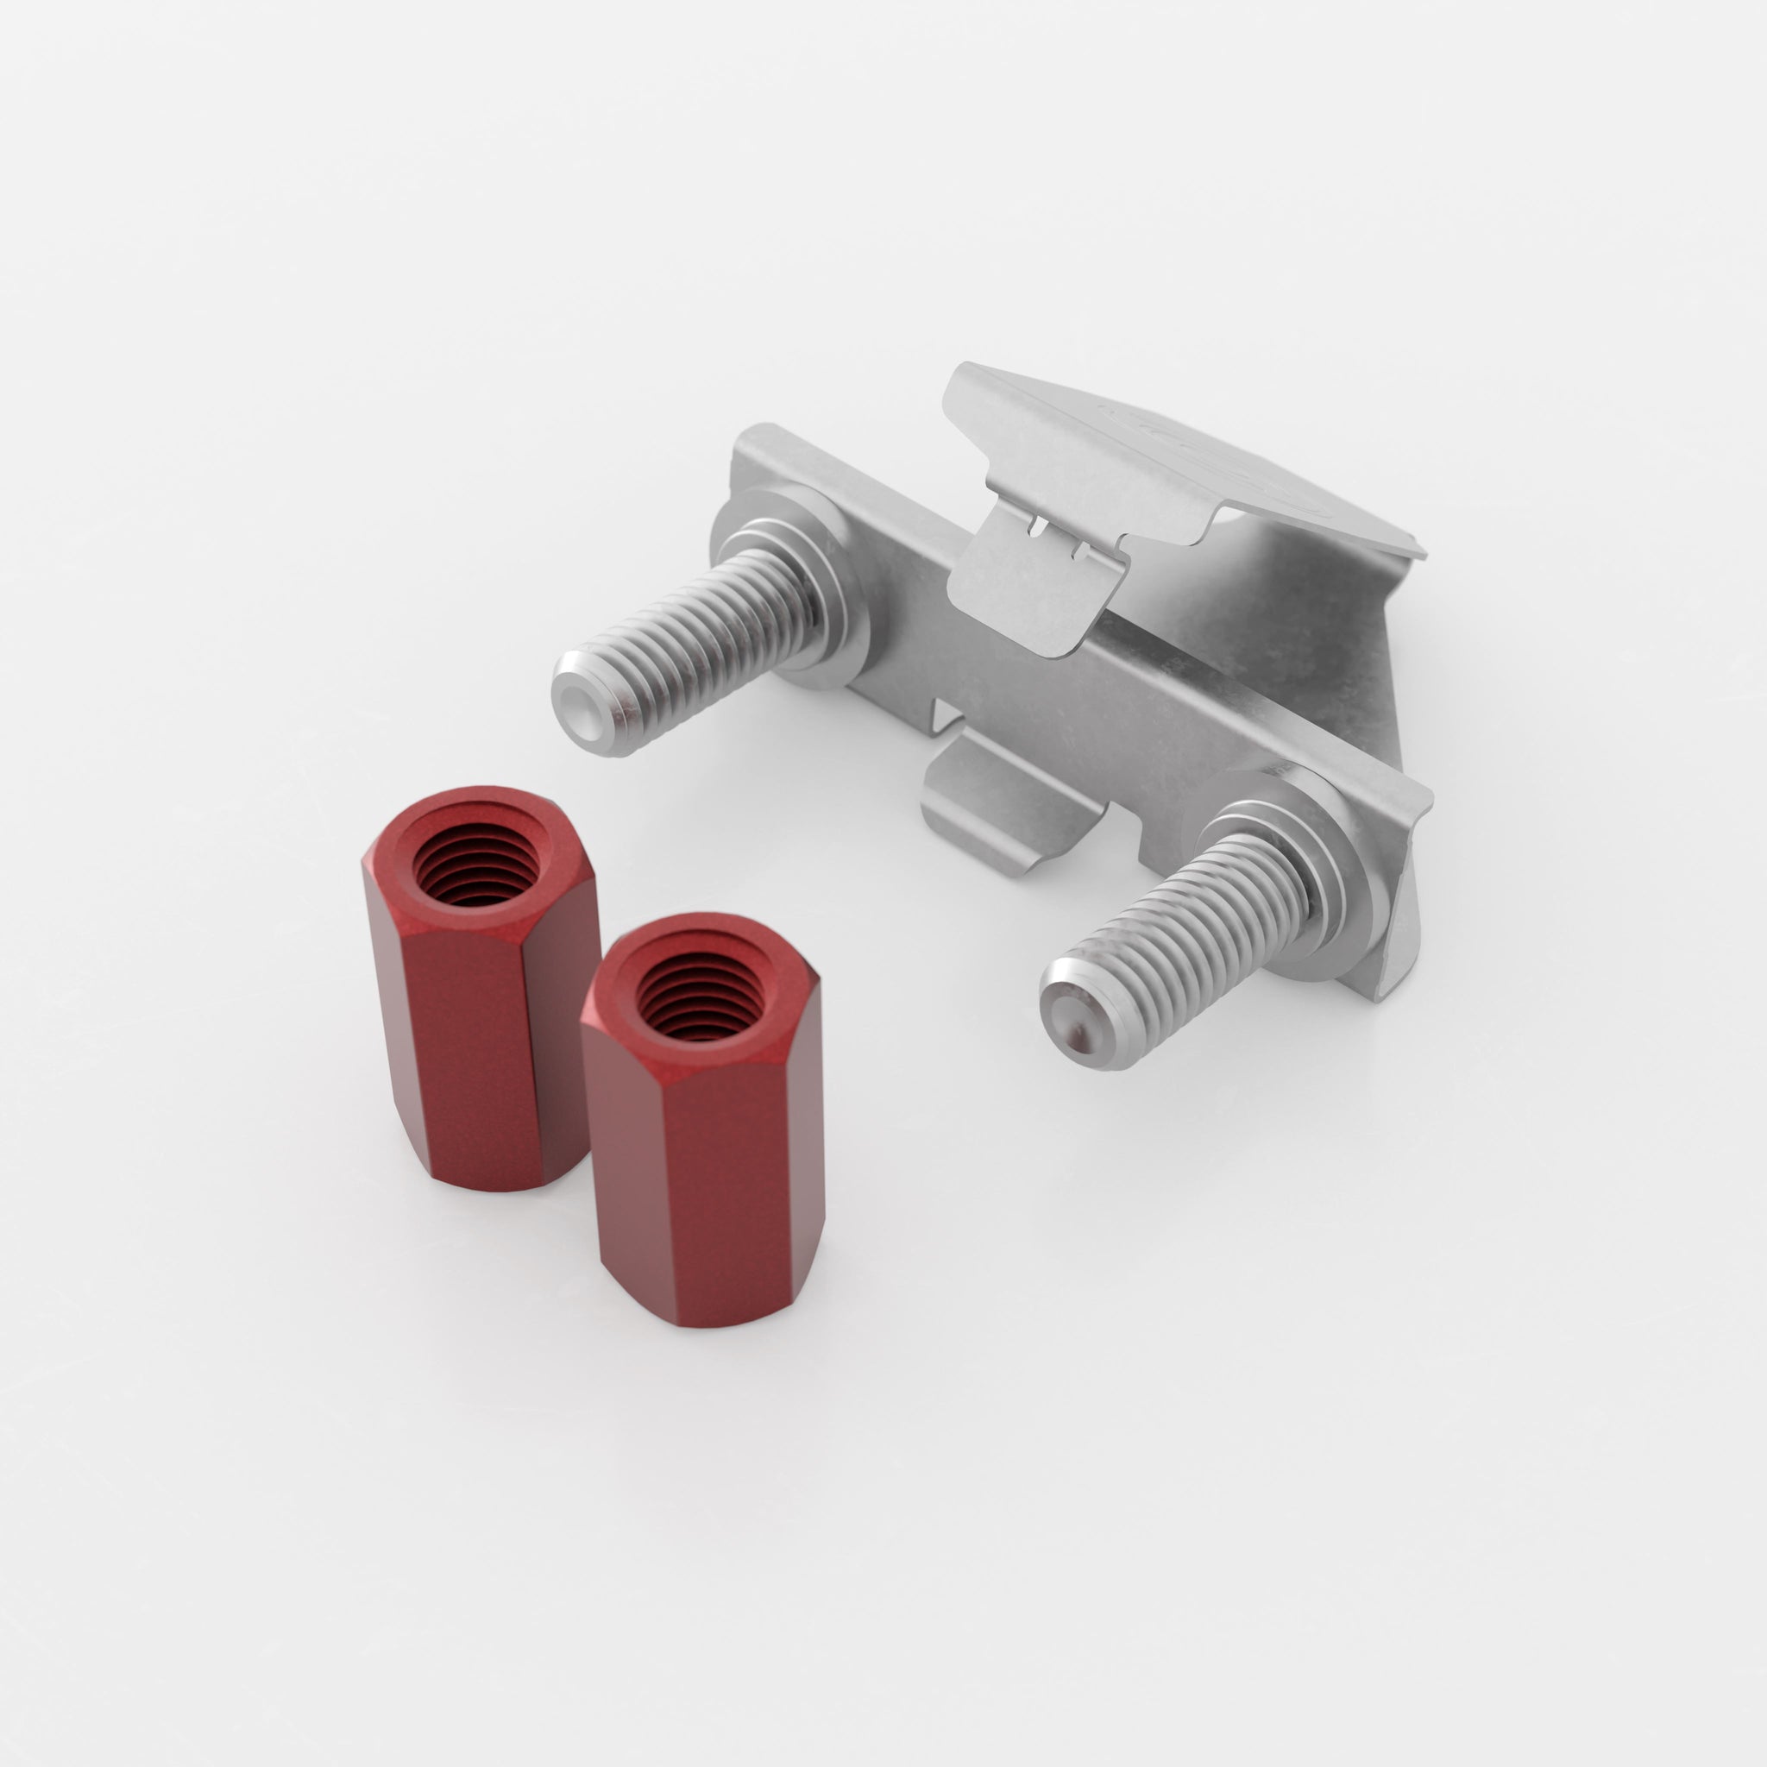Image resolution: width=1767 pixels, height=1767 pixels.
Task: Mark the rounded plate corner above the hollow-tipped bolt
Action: [759, 439]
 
